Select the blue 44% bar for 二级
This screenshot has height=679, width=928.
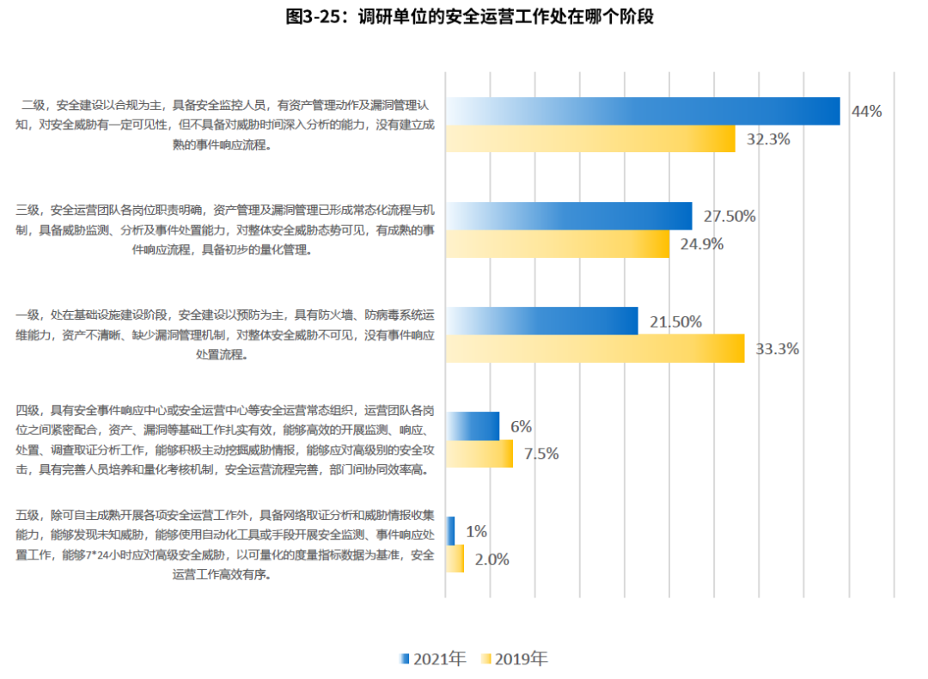[x=642, y=111]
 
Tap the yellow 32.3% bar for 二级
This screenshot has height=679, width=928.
[x=590, y=138]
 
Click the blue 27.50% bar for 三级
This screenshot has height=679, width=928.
[x=568, y=216]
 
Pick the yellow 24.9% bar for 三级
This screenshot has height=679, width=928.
[x=557, y=243]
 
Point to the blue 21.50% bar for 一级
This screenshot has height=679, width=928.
[x=541, y=321]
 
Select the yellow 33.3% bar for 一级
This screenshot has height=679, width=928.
[x=595, y=348]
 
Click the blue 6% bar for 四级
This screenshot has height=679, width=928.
[x=473, y=426]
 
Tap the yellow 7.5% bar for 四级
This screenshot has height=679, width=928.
[x=479, y=453]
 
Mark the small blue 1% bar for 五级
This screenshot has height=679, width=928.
[x=450, y=531]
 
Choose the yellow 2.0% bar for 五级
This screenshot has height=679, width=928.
[x=455, y=559]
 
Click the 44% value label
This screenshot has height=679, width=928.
[x=866, y=111]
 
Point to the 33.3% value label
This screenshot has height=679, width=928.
[x=777, y=348]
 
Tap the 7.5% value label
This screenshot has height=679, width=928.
[x=541, y=453]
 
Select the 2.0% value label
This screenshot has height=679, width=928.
[x=491, y=559]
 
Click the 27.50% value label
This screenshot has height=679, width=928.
[x=730, y=216]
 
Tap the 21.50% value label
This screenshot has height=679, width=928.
[x=675, y=321]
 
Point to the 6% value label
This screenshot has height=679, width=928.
[x=521, y=426]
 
